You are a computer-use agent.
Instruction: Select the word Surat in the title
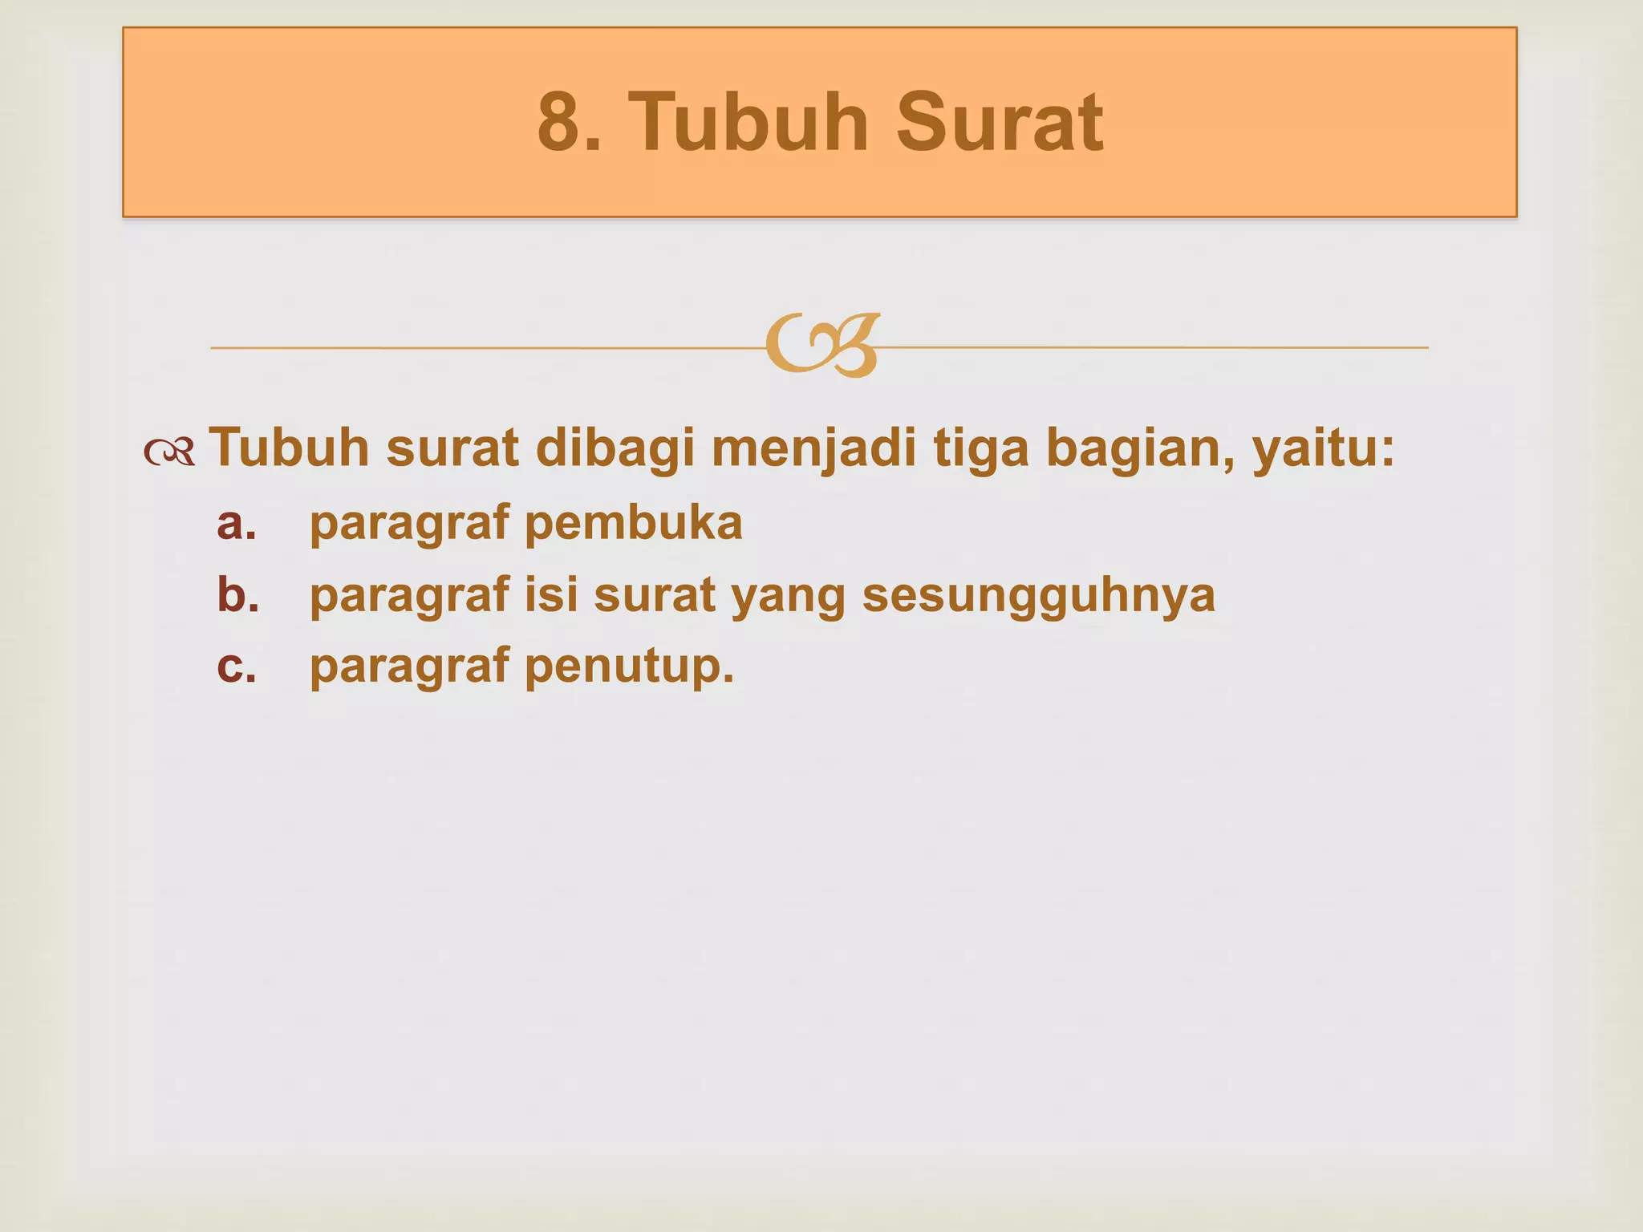pos(999,123)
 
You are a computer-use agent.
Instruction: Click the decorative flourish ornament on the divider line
pos(822,346)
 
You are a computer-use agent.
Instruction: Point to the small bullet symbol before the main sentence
pos(169,452)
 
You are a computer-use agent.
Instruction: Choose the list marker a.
pos(237,523)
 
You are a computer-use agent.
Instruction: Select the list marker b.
pos(237,594)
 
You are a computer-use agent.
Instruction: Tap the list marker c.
pos(237,666)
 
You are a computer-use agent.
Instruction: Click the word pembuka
pos(634,523)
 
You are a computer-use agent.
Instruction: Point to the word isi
pos(551,594)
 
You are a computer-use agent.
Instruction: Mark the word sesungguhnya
pos(1039,596)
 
